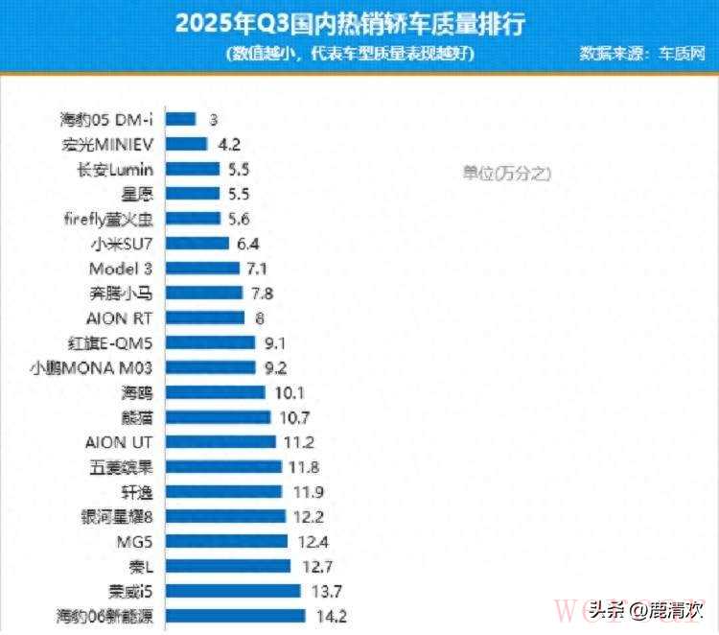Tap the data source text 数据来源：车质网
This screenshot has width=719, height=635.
(x=642, y=54)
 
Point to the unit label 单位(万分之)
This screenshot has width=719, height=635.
(x=507, y=173)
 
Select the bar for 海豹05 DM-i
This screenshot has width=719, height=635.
(x=181, y=119)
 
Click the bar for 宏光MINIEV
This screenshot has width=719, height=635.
(x=187, y=144)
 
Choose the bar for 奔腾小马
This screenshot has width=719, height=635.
(x=204, y=293)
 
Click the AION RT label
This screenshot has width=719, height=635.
(x=120, y=317)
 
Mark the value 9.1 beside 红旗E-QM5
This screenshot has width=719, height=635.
(x=272, y=342)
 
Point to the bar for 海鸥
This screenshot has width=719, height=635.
(x=216, y=392)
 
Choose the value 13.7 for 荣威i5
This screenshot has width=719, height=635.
(x=320, y=591)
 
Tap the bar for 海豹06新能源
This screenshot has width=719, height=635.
(x=236, y=616)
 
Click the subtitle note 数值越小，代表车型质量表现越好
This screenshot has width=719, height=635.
(x=352, y=54)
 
